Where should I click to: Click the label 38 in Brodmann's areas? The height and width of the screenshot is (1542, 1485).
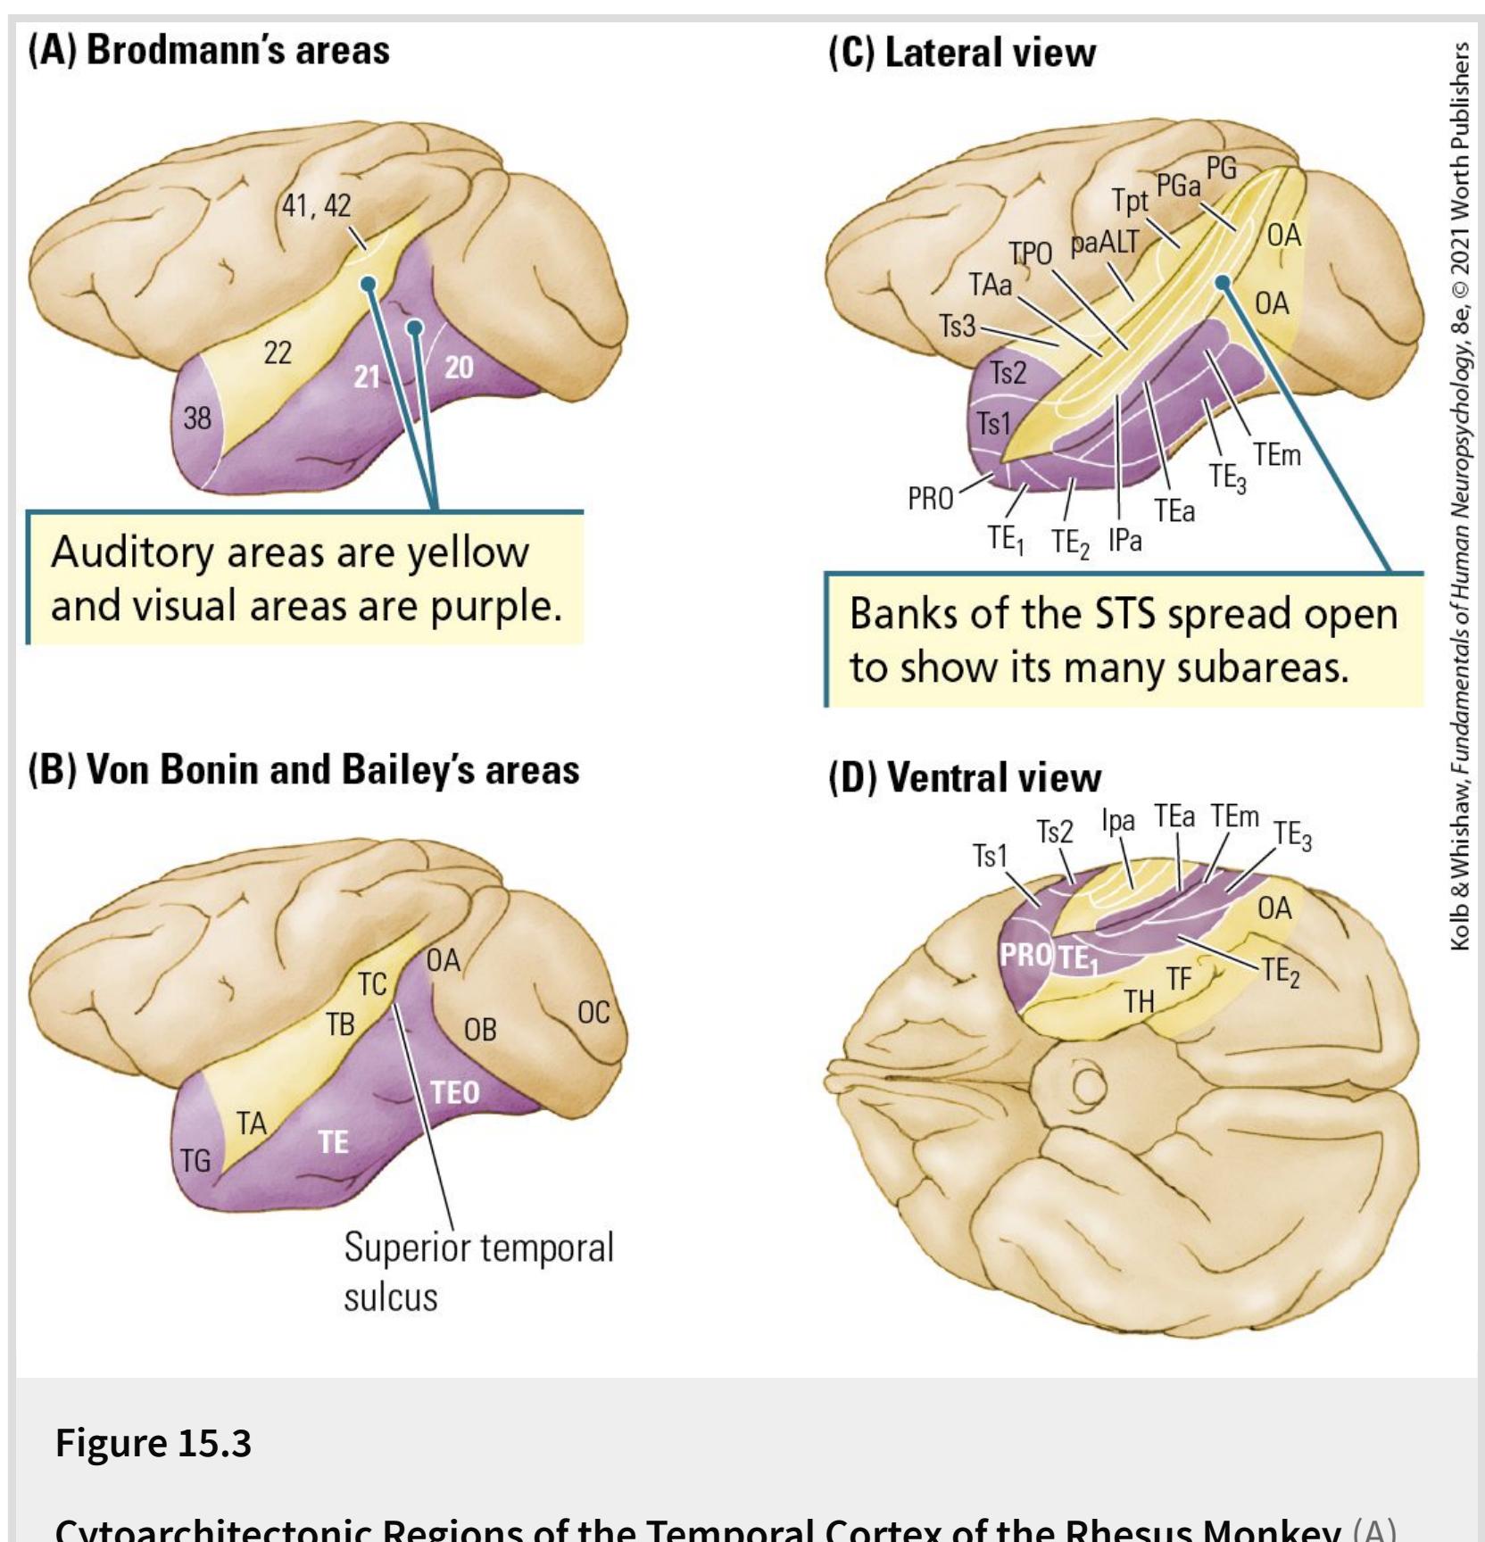point(198,418)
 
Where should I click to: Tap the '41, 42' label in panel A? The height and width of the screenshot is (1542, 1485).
point(317,205)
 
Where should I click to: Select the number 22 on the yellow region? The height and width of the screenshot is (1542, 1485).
point(278,353)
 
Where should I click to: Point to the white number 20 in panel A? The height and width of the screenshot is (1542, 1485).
point(459,367)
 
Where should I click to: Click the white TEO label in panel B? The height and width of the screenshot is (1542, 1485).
point(455,1092)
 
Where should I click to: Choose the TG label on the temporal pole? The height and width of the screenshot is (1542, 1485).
point(195,1160)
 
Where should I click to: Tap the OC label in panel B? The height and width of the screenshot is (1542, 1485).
point(593,1012)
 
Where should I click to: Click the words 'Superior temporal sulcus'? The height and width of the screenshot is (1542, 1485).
point(478,1271)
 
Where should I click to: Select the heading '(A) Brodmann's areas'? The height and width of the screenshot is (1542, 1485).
point(209,50)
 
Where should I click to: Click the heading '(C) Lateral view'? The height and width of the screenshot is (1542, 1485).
point(962,53)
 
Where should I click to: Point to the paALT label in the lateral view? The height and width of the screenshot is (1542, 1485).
point(1106,242)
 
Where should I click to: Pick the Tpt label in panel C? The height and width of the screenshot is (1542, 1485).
point(1129,201)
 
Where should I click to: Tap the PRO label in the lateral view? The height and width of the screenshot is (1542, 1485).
point(931,499)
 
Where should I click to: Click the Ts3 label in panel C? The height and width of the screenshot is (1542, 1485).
point(957,327)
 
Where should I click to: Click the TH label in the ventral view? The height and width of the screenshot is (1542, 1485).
point(1139,1001)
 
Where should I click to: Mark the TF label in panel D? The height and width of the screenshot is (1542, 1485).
point(1179,979)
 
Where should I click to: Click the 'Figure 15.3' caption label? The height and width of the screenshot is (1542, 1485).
point(153,1443)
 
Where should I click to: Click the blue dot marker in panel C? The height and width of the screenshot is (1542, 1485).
point(1223,283)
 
